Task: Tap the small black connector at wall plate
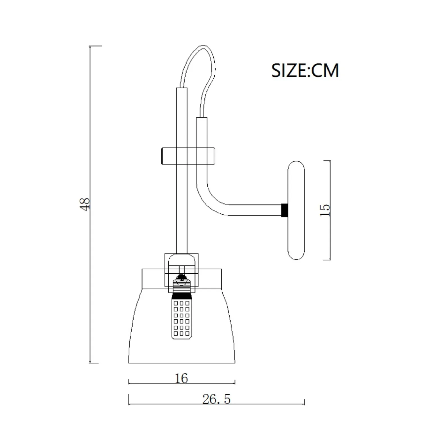click(285, 210)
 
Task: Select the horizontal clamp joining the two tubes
click(188, 156)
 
